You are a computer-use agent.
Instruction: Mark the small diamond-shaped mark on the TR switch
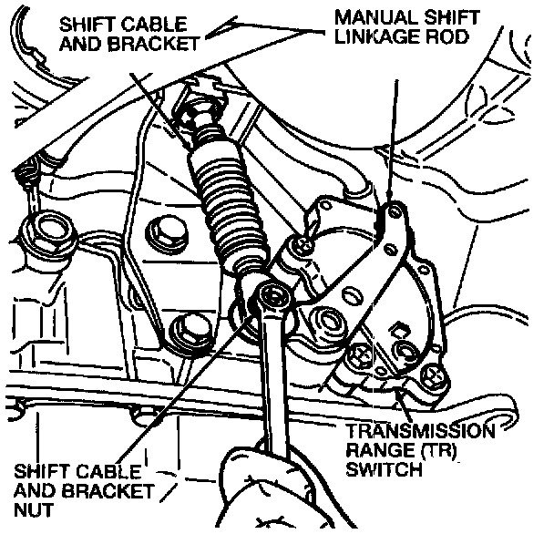tap(396, 325)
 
